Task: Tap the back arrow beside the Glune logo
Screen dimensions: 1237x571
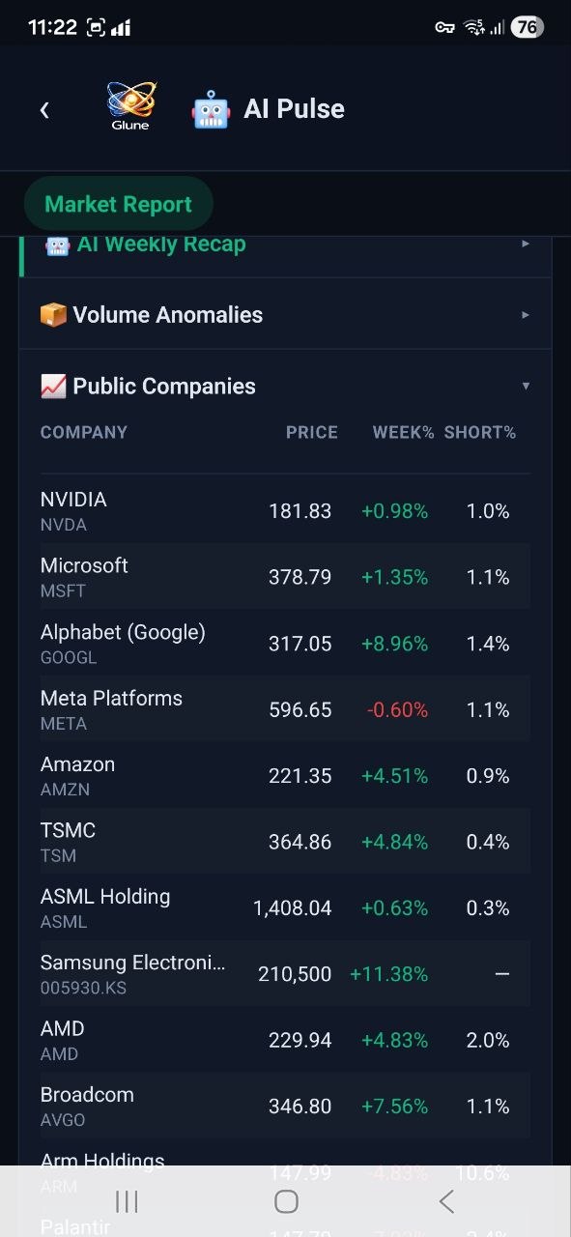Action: (44, 110)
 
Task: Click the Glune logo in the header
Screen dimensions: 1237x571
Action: (130, 104)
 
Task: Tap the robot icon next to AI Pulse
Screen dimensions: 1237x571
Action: (211, 109)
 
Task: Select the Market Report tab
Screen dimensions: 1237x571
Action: (118, 204)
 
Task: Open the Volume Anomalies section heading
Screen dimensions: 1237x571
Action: (167, 315)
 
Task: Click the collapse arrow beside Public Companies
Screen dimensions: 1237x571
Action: (526, 387)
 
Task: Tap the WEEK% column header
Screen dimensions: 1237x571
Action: (403, 433)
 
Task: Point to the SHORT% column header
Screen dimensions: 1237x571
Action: (480, 433)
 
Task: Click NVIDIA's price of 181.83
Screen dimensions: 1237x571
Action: (300, 511)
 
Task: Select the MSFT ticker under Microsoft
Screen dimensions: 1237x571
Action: (63, 591)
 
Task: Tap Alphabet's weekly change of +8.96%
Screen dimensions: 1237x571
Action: (394, 644)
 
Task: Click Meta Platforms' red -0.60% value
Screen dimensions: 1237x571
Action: (397, 710)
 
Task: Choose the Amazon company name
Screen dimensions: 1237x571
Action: (77, 764)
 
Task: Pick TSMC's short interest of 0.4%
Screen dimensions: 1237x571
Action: (488, 843)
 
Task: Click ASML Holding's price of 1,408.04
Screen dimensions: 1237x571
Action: (292, 908)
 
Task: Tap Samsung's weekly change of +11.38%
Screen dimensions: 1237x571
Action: (388, 974)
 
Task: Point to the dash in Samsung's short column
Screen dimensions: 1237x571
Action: (501, 974)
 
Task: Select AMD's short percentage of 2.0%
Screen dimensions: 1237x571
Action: (488, 1041)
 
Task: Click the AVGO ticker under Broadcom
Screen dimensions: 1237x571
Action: (63, 1120)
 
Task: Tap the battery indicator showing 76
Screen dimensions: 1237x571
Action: (527, 27)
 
